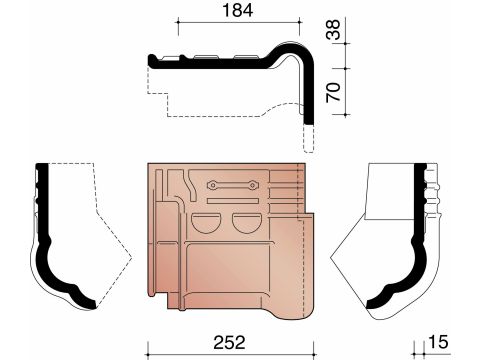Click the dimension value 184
point(237,10)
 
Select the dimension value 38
point(333,30)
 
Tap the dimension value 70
point(333,92)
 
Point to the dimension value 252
point(229,343)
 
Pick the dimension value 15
point(438,342)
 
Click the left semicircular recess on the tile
point(207,223)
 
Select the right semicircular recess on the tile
point(247,223)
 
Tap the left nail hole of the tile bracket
point(212,185)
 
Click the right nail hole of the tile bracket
point(253,185)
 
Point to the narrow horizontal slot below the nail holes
point(233,201)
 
